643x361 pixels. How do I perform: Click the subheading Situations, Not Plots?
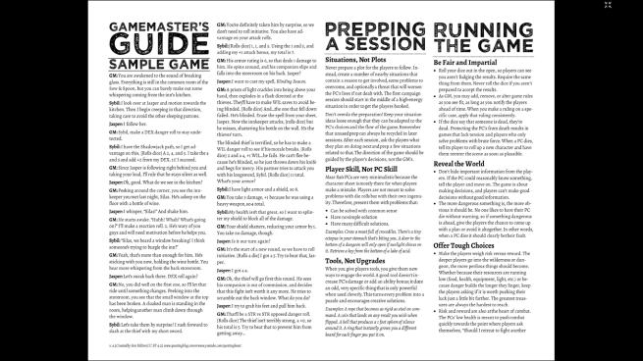(354, 61)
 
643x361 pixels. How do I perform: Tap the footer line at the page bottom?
(162, 348)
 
